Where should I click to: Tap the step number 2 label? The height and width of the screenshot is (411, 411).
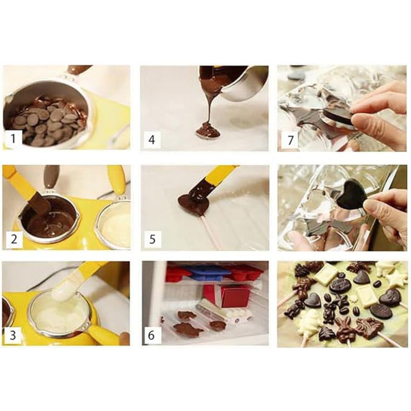[14, 238]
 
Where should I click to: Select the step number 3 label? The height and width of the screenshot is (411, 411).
[13, 335]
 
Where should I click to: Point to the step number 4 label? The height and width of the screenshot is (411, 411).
[151, 140]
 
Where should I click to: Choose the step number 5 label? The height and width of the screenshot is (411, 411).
[152, 239]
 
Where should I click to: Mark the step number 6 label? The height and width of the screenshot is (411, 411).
[151, 335]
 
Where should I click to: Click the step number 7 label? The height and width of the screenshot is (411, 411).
[290, 140]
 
